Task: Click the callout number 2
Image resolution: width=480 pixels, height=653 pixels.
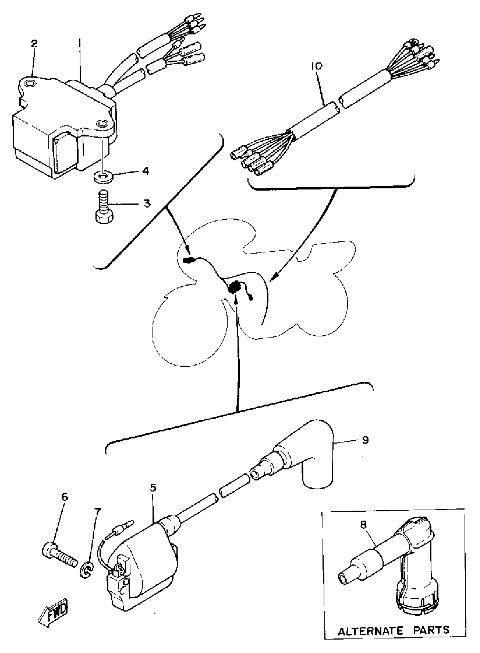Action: coord(34,44)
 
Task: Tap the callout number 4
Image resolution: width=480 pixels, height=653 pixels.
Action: coord(145,171)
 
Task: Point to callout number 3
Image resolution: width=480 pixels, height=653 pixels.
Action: coord(147,203)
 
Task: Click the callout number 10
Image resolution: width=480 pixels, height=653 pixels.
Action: coord(317,66)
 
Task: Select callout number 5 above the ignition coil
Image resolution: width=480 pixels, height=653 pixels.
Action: coord(153,488)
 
